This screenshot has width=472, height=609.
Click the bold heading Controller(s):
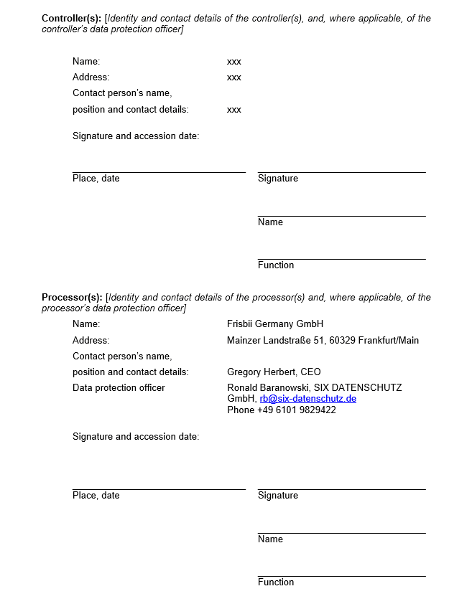pyautogui.click(x=71, y=19)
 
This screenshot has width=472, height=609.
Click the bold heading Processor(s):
pyautogui.click(x=72, y=298)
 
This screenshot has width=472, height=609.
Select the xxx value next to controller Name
pyautogui.click(x=233, y=62)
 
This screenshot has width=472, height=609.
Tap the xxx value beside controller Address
pyautogui.click(x=233, y=77)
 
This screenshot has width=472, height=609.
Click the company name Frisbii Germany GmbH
pyautogui.click(x=275, y=324)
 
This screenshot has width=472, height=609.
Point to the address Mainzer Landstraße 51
pyautogui.click(x=276, y=341)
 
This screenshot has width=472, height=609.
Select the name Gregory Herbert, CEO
pyautogui.click(x=274, y=372)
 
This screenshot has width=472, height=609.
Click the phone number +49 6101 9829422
pyautogui.click(x=296, y=410)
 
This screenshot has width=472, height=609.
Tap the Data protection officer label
pyautogui.click(x=119, y=388)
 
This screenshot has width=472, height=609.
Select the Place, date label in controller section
pyautogui.click(x=96, y=179)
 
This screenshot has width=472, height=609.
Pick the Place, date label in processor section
pyautogui.click(x=96, y=496)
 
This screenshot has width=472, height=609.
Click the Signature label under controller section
pyautogui.click(x=277, y=179)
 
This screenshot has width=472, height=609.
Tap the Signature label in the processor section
pyautogui.click(x=277, y=496)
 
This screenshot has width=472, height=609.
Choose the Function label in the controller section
pyautogui.click(x=276, y=265)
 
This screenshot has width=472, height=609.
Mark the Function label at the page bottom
pyautogui.click(x=276, y=582)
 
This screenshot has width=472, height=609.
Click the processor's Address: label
pyautogui.click(x=91, y=341)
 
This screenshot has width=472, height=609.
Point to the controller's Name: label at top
pyautogui.click(x=86, y=62)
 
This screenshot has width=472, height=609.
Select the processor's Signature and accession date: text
pyautogui.click(x=136, y=437)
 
